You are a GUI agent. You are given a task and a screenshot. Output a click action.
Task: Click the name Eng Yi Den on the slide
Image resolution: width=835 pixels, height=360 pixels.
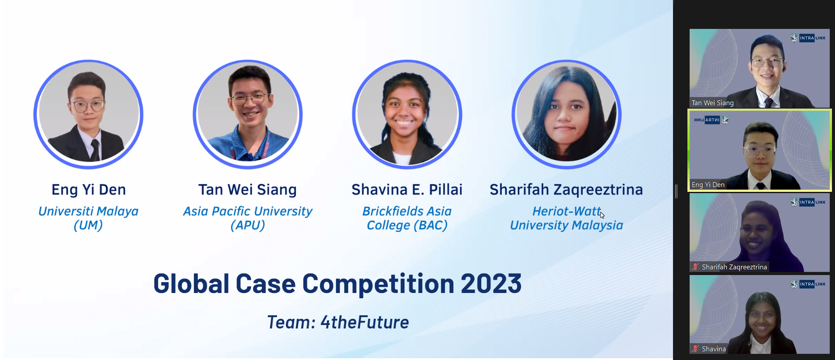(x=88, y=190)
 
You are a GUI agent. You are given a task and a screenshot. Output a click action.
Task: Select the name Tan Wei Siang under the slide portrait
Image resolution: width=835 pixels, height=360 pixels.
(x=247, y=190)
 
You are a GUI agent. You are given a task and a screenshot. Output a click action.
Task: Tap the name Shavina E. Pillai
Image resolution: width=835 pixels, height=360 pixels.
(x=407, y=190)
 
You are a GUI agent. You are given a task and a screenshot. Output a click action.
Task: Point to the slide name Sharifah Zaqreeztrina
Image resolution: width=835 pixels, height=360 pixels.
(x=566, y=190)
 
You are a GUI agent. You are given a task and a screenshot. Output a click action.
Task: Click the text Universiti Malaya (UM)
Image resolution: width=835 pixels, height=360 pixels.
(x=88, y=218)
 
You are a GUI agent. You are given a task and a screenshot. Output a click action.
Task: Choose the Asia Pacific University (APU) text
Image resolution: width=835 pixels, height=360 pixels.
(x=248, y=218)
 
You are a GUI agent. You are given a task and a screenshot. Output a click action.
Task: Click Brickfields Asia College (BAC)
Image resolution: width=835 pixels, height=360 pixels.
(x=407, y=218)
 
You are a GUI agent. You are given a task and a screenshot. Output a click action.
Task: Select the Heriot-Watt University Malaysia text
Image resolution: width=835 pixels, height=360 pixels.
(x=567, y=218)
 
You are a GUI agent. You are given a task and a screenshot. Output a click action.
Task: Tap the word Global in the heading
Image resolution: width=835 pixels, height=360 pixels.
(x=191, y=283)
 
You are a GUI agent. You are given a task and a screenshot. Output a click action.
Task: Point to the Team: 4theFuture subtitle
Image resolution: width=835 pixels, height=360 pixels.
(x=338, y=322)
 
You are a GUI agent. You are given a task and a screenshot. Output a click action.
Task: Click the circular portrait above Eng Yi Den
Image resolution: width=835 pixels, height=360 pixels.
(x=88, y=114)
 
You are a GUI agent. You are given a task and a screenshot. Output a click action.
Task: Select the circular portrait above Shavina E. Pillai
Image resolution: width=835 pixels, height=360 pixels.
(x=407, y=114)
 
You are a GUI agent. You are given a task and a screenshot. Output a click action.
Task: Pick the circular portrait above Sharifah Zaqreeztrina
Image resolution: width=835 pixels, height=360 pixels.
(x=567, y=114)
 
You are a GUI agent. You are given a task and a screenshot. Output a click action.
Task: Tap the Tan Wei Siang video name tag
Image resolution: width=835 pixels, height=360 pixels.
(x=712, y=103)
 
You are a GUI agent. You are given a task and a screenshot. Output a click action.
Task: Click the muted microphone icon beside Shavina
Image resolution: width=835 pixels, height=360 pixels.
(x=695, y=349)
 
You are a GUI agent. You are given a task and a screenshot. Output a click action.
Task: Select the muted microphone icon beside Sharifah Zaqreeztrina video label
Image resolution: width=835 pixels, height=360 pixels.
(x=695, y=267)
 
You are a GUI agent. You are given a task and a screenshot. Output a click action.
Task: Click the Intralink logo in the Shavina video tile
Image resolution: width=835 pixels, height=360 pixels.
(x=808, y=284)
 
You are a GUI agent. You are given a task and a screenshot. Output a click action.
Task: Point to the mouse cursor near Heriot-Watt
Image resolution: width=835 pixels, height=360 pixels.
(x=602, y=215)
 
